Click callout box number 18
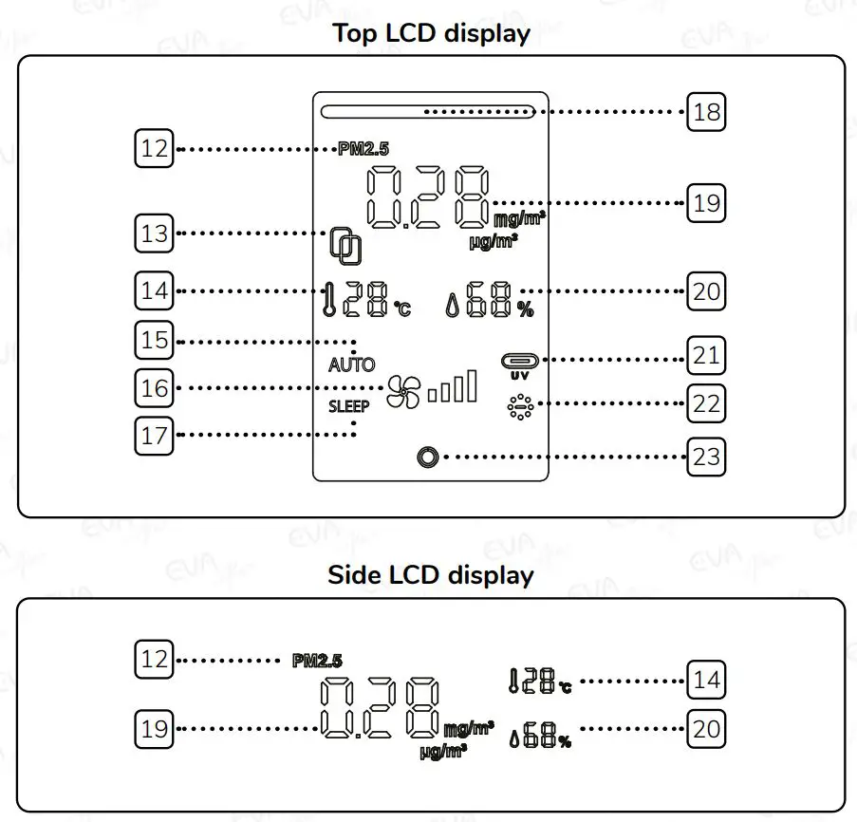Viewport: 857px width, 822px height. [706, 113]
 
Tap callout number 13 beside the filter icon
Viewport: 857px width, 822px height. [154, 234]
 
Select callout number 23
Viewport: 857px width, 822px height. [706, 457]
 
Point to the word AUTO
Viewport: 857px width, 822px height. [351, 364]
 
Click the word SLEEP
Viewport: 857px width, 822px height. [349, 404]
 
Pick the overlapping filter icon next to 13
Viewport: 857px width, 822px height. [345, 245]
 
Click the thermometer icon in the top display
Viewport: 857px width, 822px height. [329, 302]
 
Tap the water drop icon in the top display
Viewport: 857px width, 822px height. [453, 305]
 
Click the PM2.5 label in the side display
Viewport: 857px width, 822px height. [317, 661]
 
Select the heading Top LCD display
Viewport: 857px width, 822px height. [431, 34]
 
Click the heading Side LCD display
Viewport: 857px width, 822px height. [431, 575]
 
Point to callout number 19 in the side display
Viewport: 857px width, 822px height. [154, 729]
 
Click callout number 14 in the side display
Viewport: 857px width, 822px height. [706, 680]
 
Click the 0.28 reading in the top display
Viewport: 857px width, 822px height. [428, 197]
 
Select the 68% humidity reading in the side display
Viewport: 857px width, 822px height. [540, 738]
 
